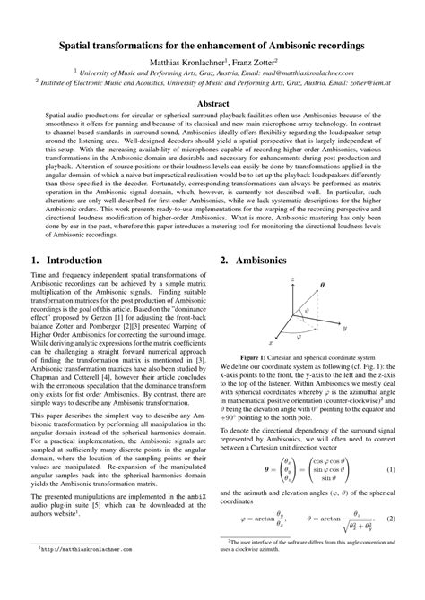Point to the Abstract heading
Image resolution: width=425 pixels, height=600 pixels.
(x=212, y=106)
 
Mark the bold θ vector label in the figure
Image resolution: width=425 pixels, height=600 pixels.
(x=324, y=286)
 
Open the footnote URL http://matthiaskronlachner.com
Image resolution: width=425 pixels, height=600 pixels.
(x=85, y=573)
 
